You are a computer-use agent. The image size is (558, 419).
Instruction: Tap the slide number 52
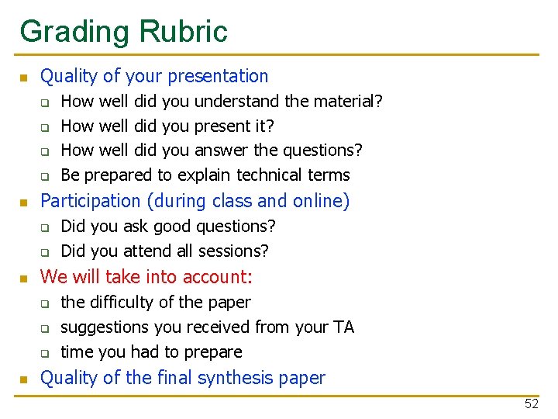(531, 403)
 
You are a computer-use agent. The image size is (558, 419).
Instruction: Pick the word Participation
(90, 202)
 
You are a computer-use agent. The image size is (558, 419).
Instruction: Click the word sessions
(233, 251)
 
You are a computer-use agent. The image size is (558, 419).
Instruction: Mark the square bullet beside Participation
(24, 203)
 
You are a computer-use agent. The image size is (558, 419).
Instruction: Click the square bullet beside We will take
(24, 279)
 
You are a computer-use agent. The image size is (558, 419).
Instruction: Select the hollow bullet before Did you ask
(45, 227)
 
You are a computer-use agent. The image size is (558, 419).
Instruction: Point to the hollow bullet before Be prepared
(45, 176)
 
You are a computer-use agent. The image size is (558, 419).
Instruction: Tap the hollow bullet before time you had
(45, 353)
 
